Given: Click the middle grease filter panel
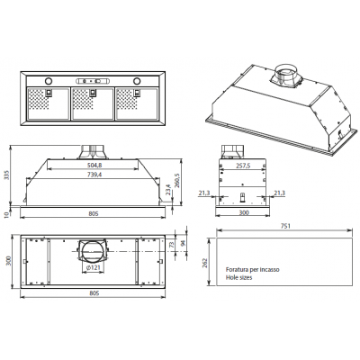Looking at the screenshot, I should [x=87, y=104].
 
